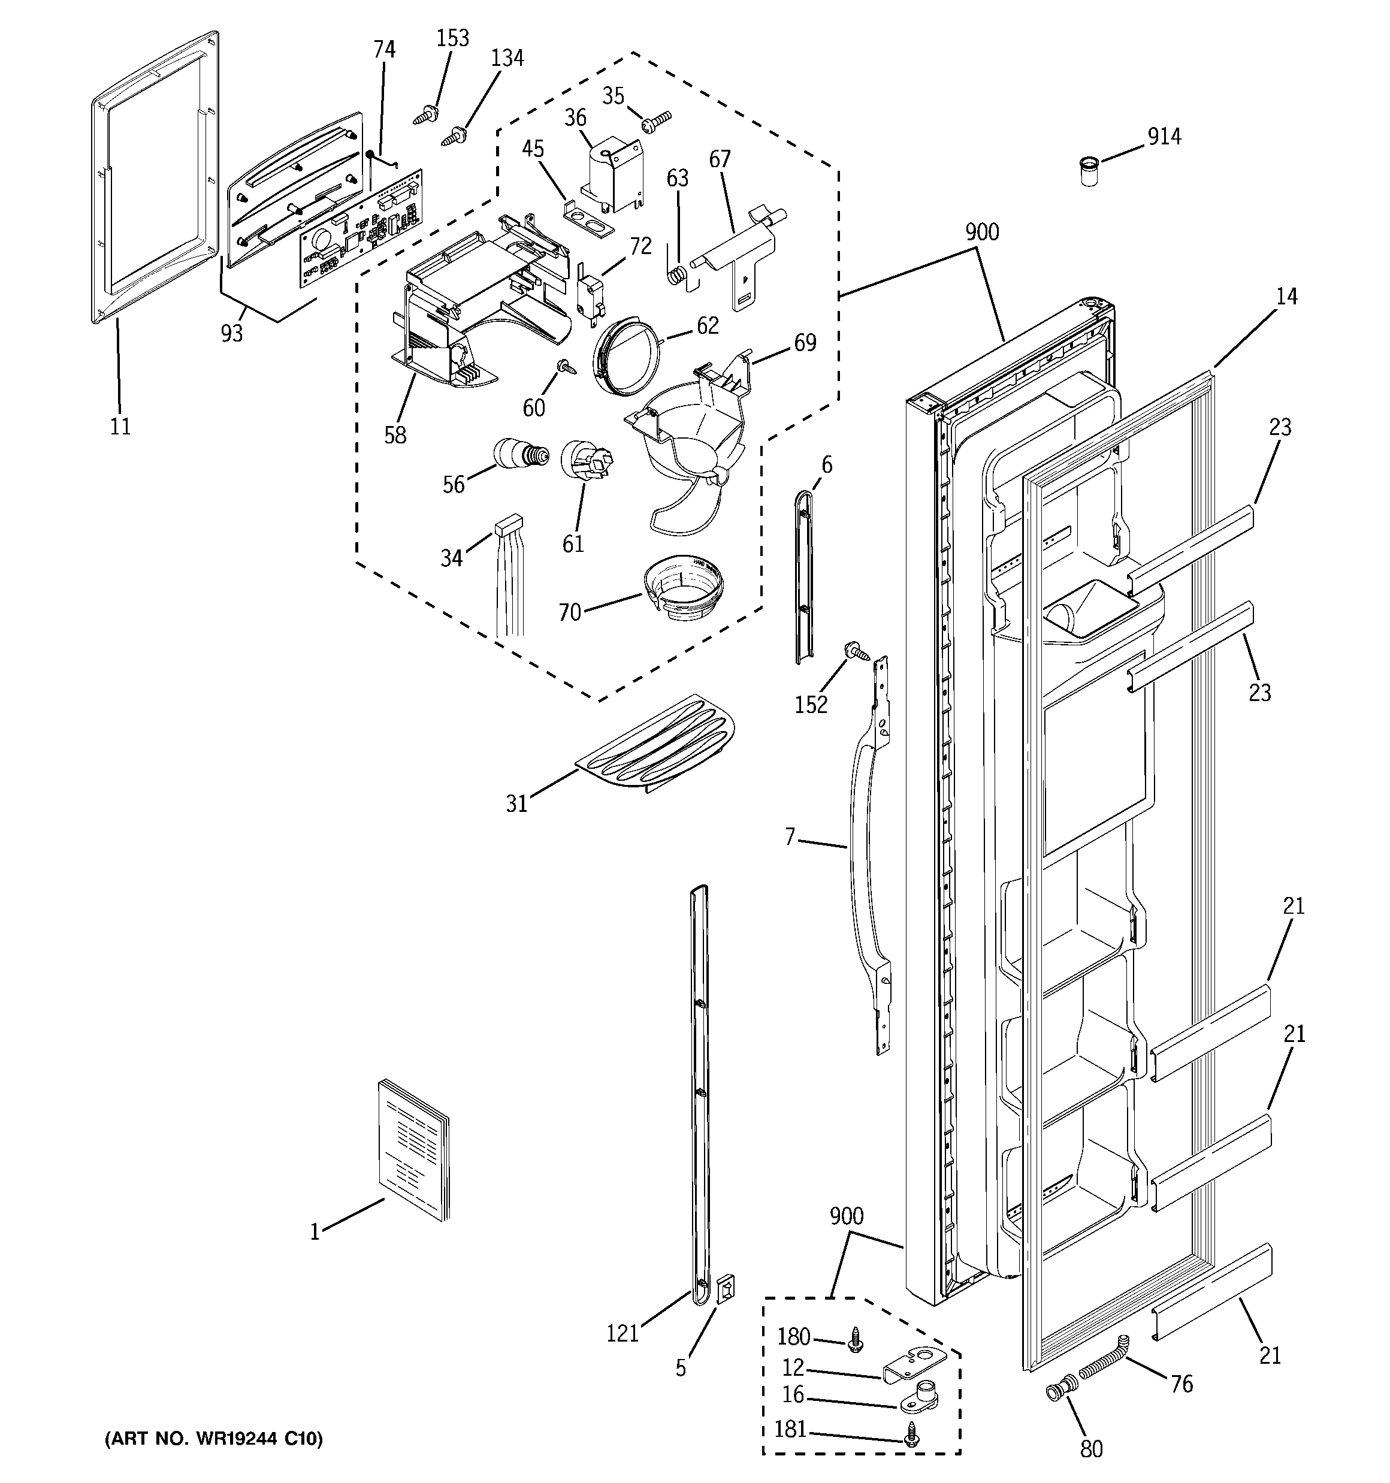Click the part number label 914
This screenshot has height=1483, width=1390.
coord(1164,137)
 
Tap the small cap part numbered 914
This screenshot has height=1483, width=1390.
coord(1089,171)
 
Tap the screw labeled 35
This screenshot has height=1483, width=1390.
coord(657,119)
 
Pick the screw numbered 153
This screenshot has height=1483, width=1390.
coord(425,116)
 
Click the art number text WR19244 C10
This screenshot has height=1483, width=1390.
coord(214,1438)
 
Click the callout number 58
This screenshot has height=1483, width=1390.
coord(395,435)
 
